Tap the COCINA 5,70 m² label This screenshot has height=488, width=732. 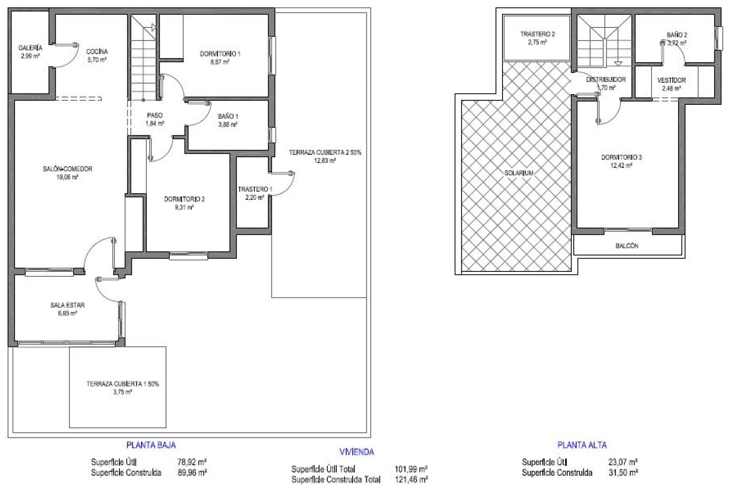point(97,55)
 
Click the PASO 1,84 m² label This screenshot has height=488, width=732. point(154,119)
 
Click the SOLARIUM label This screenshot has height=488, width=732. point(519,173)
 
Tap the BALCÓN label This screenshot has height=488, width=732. point(627,246)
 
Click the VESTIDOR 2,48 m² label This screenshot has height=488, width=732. point(671,84)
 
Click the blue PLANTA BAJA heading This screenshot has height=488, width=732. point(151,445)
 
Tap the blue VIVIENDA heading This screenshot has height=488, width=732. point(356,452)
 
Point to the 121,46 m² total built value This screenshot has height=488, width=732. point(411,479)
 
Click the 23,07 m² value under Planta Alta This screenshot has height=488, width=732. point(623,462)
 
